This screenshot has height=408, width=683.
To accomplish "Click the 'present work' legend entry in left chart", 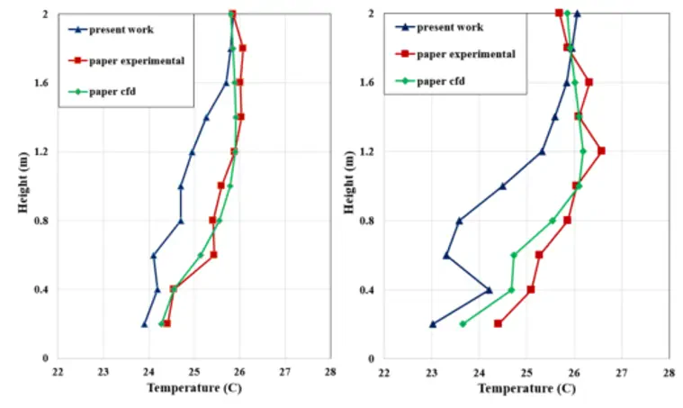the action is coord(111,30).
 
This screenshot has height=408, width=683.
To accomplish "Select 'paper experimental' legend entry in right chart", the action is coord(455,54).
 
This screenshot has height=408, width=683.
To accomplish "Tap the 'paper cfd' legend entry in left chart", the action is coord(102,92).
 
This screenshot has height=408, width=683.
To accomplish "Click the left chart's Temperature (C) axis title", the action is coord(194,387).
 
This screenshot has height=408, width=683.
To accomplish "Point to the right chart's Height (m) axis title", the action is coord(349,182).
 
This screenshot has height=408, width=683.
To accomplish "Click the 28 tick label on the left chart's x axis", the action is coord(330,372).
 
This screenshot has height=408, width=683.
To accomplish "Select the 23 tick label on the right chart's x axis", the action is coord(432,373).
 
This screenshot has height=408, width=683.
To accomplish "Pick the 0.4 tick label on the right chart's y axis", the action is coord(367,289).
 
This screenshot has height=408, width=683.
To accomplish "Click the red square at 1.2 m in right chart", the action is coord(601,150).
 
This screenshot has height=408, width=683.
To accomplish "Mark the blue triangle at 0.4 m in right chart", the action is coord(490,290).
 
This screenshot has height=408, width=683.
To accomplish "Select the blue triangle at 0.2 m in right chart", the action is coord(433,324).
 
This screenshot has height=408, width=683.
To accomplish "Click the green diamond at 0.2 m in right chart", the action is coord(463,324).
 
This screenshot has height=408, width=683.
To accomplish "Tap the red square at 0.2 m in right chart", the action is coord(498,323).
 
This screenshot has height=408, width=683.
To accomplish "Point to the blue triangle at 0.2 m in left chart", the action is coord(144,324).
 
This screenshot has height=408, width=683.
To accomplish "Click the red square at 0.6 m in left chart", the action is coord(213,255).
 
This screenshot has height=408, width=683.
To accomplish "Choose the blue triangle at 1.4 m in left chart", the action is coord(206,118).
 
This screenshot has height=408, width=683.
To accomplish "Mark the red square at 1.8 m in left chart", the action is coord(243,48).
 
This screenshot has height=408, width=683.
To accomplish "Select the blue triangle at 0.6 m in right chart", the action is coord(446,256).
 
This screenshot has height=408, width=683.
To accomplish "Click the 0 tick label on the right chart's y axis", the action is coord(371,358).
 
